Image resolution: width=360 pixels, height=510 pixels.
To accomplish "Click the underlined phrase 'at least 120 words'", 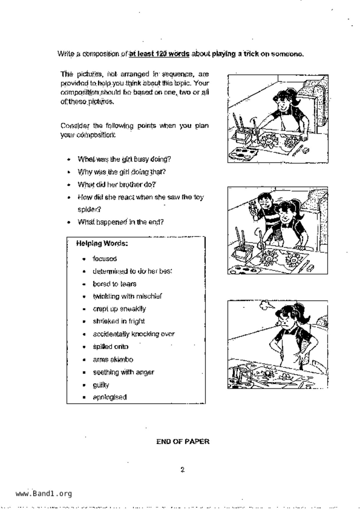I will coord(159,54).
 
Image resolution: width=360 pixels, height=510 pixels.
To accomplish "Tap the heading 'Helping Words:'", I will coord(102,243).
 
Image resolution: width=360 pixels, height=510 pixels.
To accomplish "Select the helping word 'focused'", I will coord(105,259).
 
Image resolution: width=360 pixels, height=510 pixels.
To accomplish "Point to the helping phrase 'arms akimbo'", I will coord(113,360).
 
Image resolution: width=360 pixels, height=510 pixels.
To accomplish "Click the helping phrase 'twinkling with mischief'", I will coord(127,296).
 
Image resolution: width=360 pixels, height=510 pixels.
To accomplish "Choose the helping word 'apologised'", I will coord(110,397).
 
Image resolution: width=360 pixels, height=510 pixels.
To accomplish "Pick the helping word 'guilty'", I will coord(101,385).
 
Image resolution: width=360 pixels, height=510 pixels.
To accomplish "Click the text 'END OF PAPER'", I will coord(183,442).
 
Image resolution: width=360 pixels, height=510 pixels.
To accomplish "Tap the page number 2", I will coord(182,470).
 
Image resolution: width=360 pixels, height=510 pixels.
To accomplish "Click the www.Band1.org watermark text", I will coord(44,494).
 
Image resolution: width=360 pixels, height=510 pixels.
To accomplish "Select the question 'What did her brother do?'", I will coord(117,185).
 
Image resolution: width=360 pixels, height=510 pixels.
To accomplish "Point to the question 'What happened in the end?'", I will coord(121,222).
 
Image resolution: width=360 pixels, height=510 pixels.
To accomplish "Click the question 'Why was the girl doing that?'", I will coord(121,172).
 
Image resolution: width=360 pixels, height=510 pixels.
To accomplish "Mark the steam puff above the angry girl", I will coord(266,305).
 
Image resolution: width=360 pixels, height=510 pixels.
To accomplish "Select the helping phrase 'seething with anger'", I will coord(123,372).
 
